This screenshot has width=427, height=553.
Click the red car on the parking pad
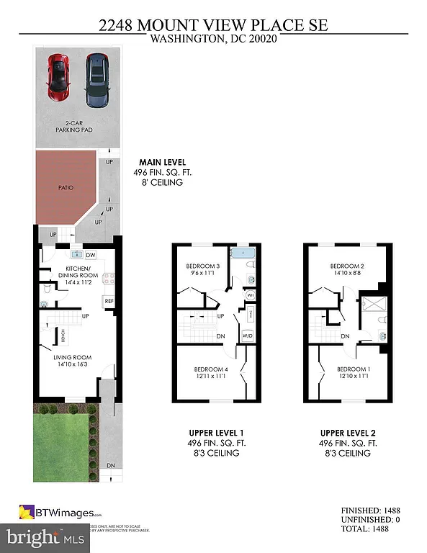[x=58, y=77]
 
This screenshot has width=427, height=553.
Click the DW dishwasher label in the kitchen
[x=91, y=255]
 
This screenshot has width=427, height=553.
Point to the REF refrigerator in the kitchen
[x=109, y=300]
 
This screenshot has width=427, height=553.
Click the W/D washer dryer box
[x=247, y=335]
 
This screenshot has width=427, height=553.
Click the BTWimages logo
[x=60, y=513]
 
